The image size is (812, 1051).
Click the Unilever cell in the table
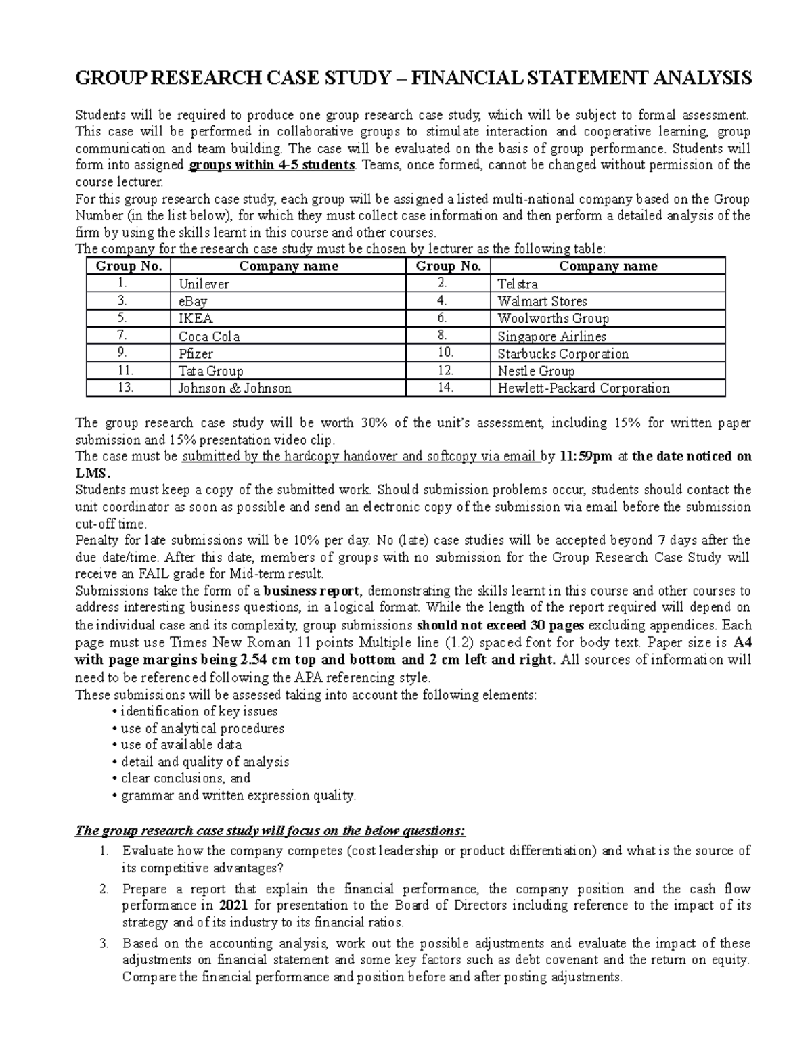[x=204, y=284]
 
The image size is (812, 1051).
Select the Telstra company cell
[x=518, y=284]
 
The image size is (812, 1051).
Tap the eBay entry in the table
[x=193, y=302]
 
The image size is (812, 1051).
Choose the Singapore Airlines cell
[x=551, y=336]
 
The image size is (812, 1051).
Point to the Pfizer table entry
[x=196, y=354]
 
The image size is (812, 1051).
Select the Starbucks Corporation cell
[x=563, y=354]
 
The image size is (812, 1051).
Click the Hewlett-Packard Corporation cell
[x=583, y=388]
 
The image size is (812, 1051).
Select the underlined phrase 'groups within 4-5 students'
[x=272, y=165]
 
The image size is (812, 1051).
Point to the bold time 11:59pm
[x=587, y=456]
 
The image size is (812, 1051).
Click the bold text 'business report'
[x=311, y=591]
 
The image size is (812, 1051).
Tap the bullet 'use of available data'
[x=181, y=744]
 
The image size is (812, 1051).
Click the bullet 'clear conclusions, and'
[x=185, y=778]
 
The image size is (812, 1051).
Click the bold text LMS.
[x=91, y=473]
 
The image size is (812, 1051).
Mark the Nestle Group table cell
[x=536, y=371]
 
